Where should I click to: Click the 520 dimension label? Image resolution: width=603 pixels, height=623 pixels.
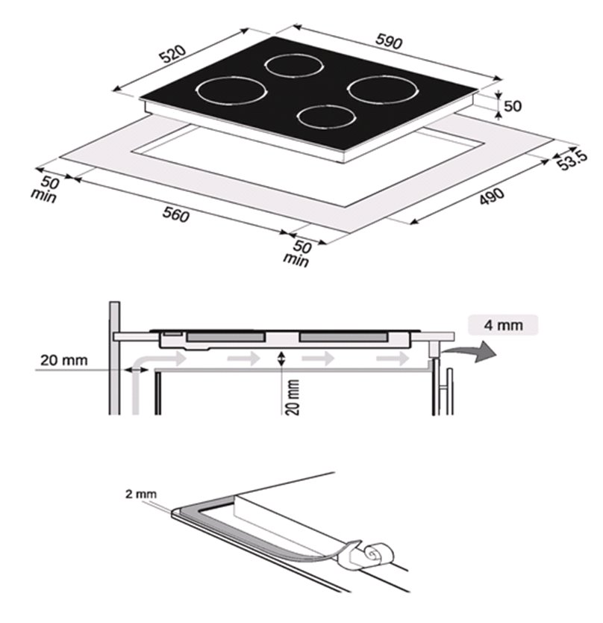[172, 54]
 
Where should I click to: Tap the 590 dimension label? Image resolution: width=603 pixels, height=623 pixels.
[389, 41]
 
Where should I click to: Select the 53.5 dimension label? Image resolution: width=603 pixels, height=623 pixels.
[572, 160]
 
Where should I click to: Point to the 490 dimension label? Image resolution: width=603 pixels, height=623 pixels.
[492, 196]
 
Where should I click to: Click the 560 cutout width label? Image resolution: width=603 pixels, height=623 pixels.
[176, 214]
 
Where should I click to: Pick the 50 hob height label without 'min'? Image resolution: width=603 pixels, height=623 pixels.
[513, 105]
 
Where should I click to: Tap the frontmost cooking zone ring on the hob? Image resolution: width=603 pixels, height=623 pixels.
[325, 117]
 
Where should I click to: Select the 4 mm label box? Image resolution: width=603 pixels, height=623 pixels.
[503, 325]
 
